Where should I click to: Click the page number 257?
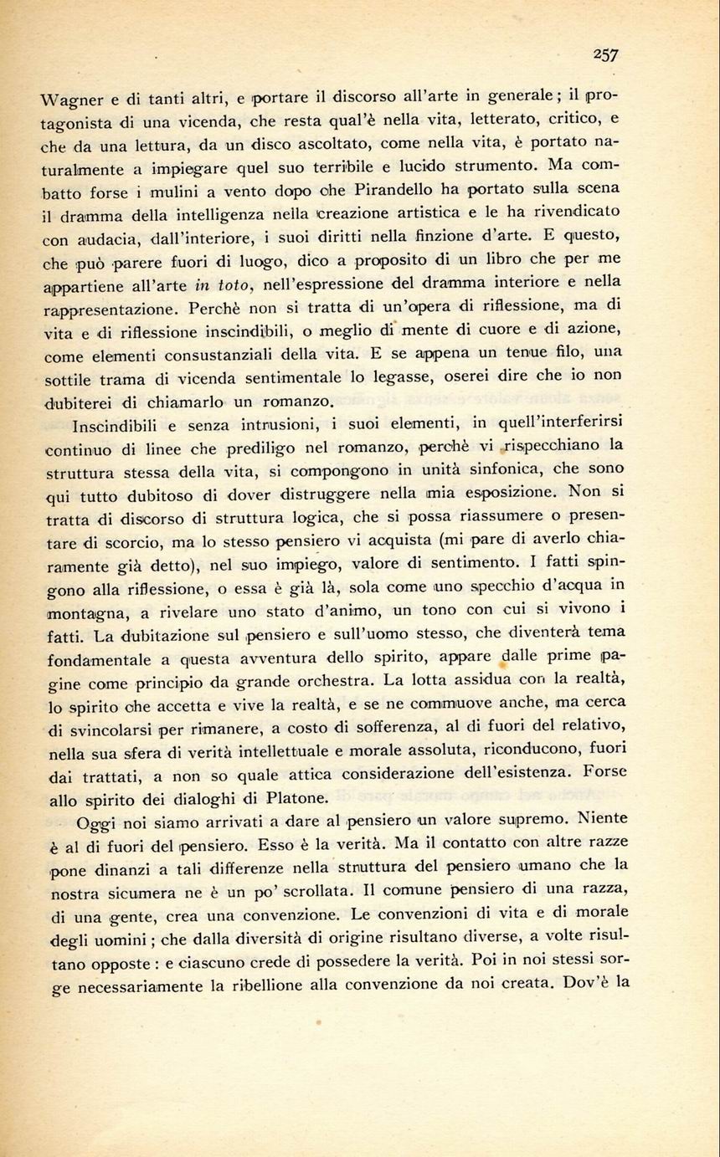coord(605,54)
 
